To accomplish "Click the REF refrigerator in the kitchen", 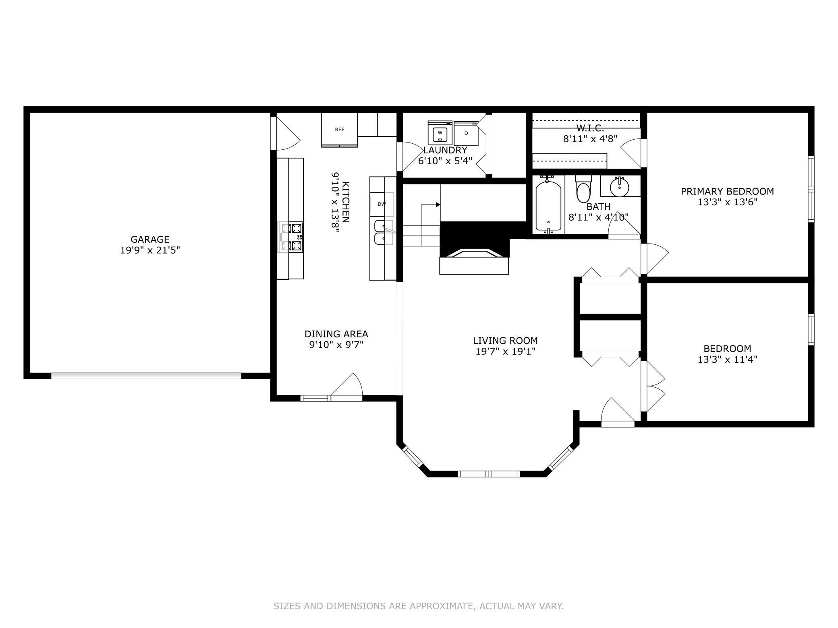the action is (x=339, y=130).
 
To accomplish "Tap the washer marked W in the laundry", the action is (x=440, y=132).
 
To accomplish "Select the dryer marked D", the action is (x=466, y=133).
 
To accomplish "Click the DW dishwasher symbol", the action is (x=382, y=204).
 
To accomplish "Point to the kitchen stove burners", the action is (x=291, y=237).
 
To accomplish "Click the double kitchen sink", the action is (x=384, y=232).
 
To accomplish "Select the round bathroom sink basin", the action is (x=619, y=187).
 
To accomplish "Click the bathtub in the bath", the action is (x=548, y=206).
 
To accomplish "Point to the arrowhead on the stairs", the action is (x=438, y=205).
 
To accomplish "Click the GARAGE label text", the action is (x=150, y=240).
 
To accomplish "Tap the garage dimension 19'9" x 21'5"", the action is (x=150, y=250).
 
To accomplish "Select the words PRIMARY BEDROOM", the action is (x=727, y=192).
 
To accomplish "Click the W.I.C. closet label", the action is (x=590, y=128).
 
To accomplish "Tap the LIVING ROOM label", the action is (x=505, y=341).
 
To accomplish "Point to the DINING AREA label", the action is (x=336, y=334).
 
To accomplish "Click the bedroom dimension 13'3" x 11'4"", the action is (x=727, y=359).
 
